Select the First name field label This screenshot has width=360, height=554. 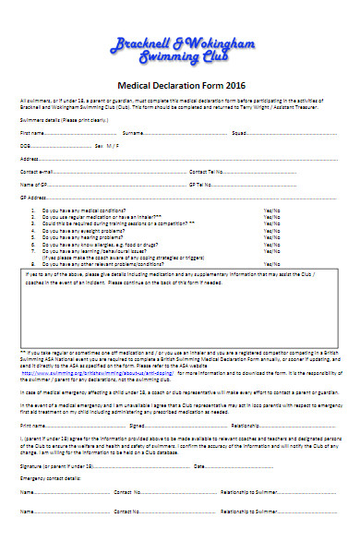point(33,133)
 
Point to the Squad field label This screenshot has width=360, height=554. point(239,133)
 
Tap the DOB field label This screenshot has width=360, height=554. point(26,146)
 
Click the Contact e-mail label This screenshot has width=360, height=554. point(37,172)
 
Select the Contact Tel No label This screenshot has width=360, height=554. point(206,172)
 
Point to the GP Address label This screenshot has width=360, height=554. point(33,198)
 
